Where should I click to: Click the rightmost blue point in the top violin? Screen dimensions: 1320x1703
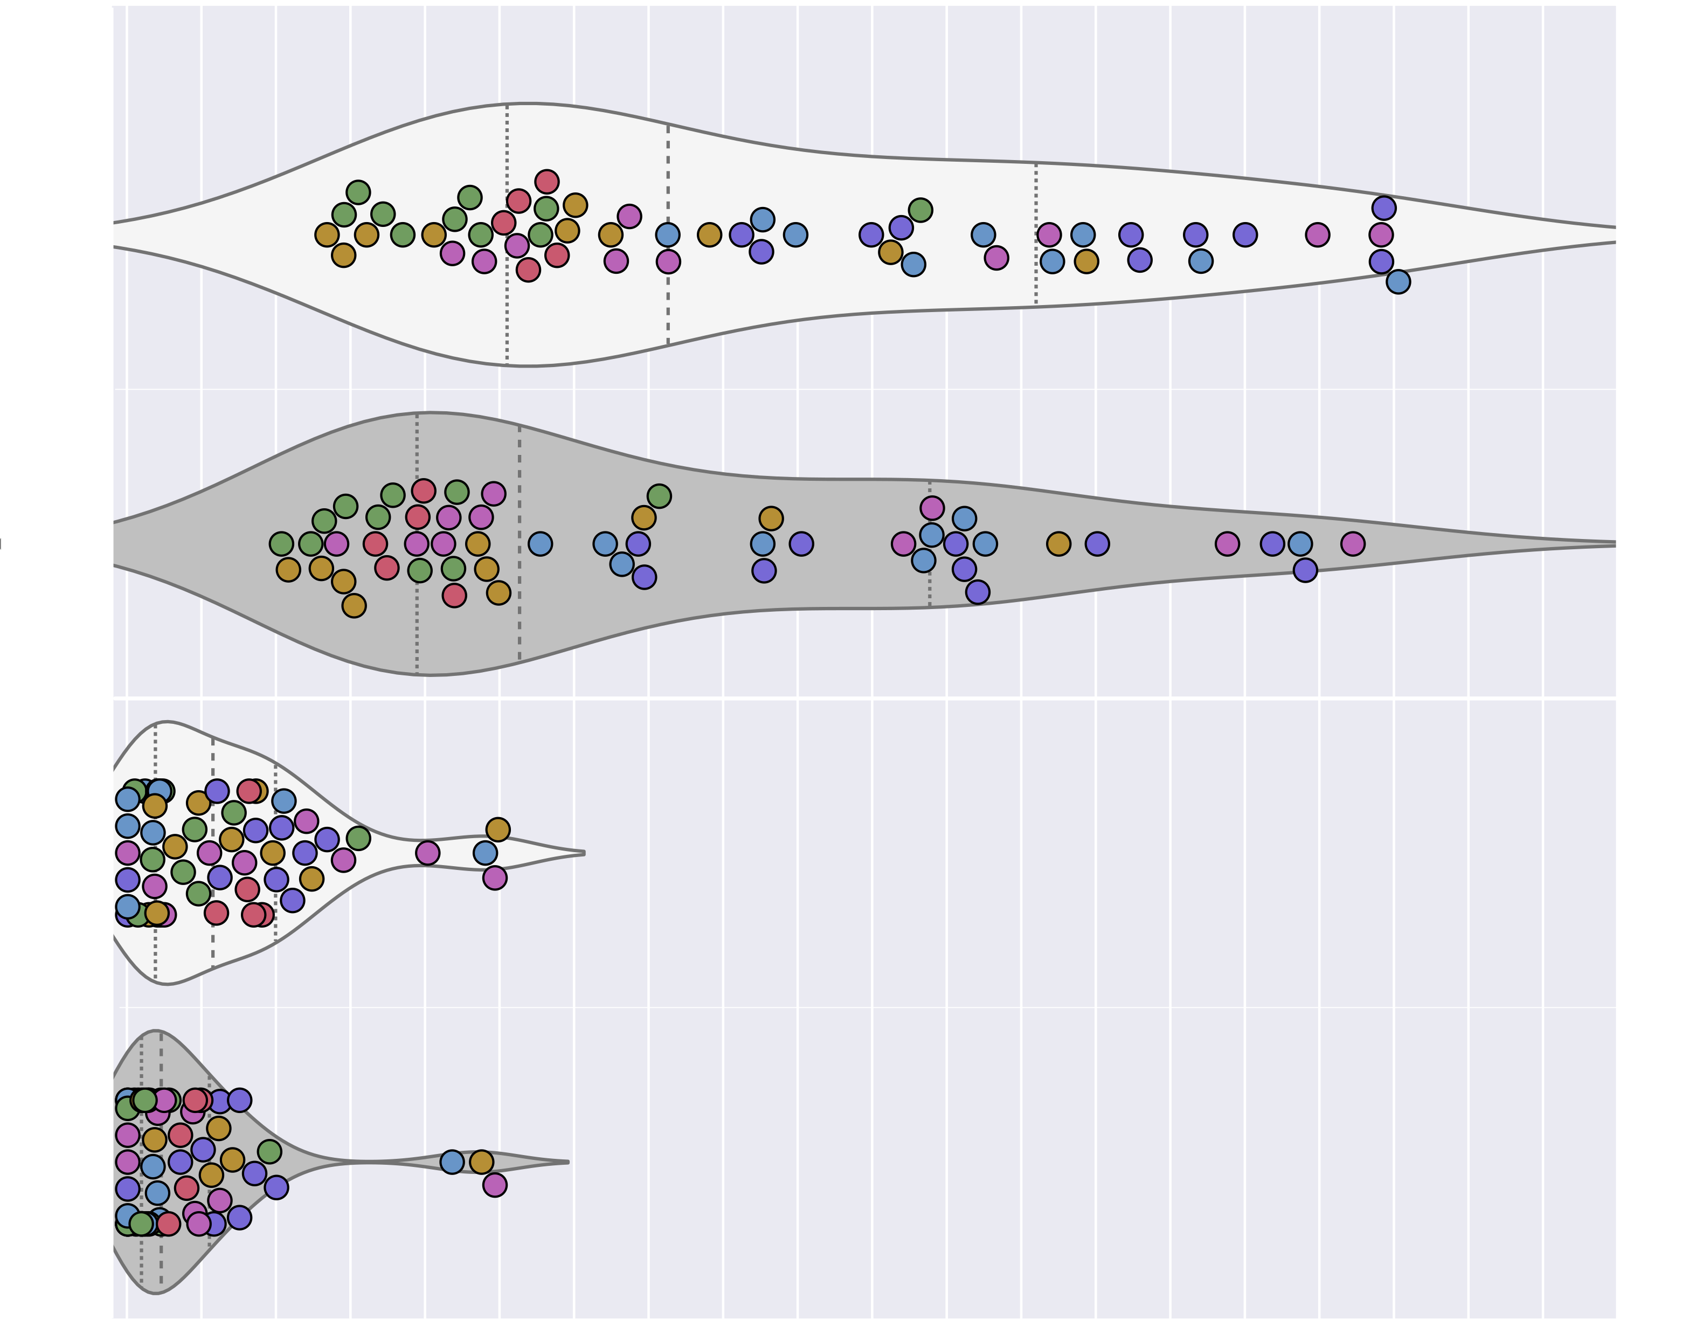pos(1398,281)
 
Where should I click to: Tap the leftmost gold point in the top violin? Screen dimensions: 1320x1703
pos(327,234)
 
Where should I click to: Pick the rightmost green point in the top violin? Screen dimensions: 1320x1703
pos(920,210)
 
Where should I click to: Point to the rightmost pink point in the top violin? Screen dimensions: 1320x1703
pos(1381,234)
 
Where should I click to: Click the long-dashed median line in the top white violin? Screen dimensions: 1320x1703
pos(668,234)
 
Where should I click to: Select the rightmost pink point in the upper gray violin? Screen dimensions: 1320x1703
pos(1353,543)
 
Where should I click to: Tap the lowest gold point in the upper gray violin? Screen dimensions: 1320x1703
pos(354,605)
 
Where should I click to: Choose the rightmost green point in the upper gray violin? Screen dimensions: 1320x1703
pos(659,496)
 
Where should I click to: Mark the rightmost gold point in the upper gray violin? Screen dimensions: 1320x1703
pos(1058,543)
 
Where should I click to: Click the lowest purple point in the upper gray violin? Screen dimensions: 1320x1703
pos(978,592)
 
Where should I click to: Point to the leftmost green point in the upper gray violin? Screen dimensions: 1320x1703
pos(281,543)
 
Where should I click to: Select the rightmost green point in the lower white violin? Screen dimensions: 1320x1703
pos(358,838)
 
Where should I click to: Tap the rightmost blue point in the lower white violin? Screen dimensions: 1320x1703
pos(485,852)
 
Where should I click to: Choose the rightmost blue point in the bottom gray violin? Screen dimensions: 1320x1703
pos(452,1162)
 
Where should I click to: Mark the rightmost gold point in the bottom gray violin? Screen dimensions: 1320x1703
pos(482,1162)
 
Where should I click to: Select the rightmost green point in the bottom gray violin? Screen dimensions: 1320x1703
pos(269,1151)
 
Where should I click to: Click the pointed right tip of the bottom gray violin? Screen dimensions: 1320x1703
pos(567,1162)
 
